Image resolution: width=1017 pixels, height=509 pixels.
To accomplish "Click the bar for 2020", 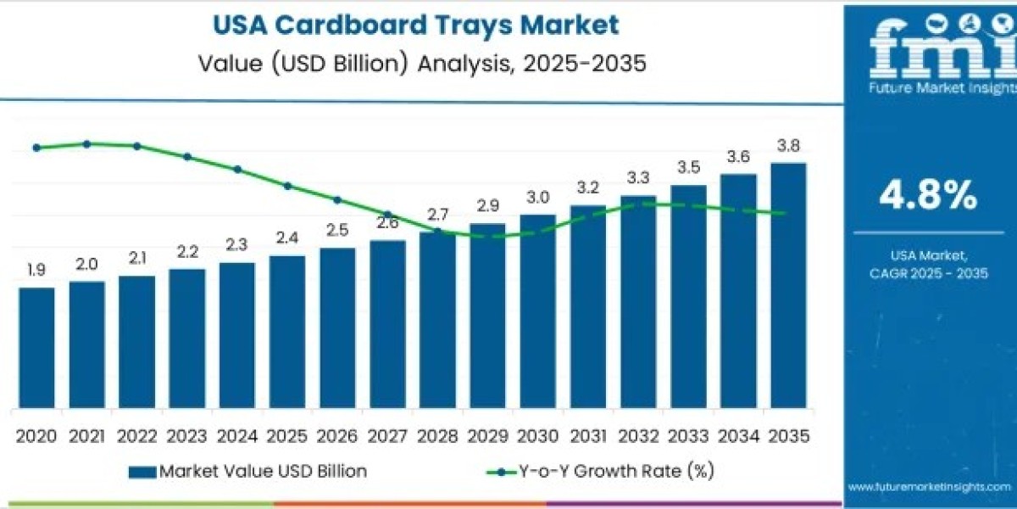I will point(36,348).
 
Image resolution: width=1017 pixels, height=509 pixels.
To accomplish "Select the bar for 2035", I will point(788,284).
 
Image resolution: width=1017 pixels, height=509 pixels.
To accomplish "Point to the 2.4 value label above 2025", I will point(286,238).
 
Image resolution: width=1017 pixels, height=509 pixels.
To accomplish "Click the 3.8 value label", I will point(788,146).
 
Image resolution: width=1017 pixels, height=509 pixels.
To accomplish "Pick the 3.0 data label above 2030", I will point(537,197).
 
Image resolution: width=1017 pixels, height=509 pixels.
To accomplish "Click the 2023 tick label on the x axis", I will point(186,436).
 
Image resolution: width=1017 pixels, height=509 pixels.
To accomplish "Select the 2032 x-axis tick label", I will point(637,436).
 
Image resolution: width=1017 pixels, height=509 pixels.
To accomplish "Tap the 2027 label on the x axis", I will point(387,436).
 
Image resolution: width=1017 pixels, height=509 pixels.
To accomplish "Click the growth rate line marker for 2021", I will point(87,143).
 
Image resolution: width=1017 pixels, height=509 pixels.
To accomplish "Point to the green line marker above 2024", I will point(237,169).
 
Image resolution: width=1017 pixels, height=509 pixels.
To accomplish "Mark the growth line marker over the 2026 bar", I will point(337,200).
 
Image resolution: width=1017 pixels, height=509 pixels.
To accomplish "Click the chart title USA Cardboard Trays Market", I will point(415,25).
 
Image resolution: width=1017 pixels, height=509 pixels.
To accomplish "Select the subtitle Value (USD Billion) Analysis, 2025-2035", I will point(415,64).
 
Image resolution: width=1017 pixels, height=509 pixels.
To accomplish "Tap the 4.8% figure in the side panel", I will point(928,197).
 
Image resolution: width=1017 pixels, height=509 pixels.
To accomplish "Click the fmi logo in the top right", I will point(930,51).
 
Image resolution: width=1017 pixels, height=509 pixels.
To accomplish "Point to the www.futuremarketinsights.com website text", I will point(931,487).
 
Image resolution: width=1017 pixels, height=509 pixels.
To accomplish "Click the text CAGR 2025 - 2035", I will point(930,272).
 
